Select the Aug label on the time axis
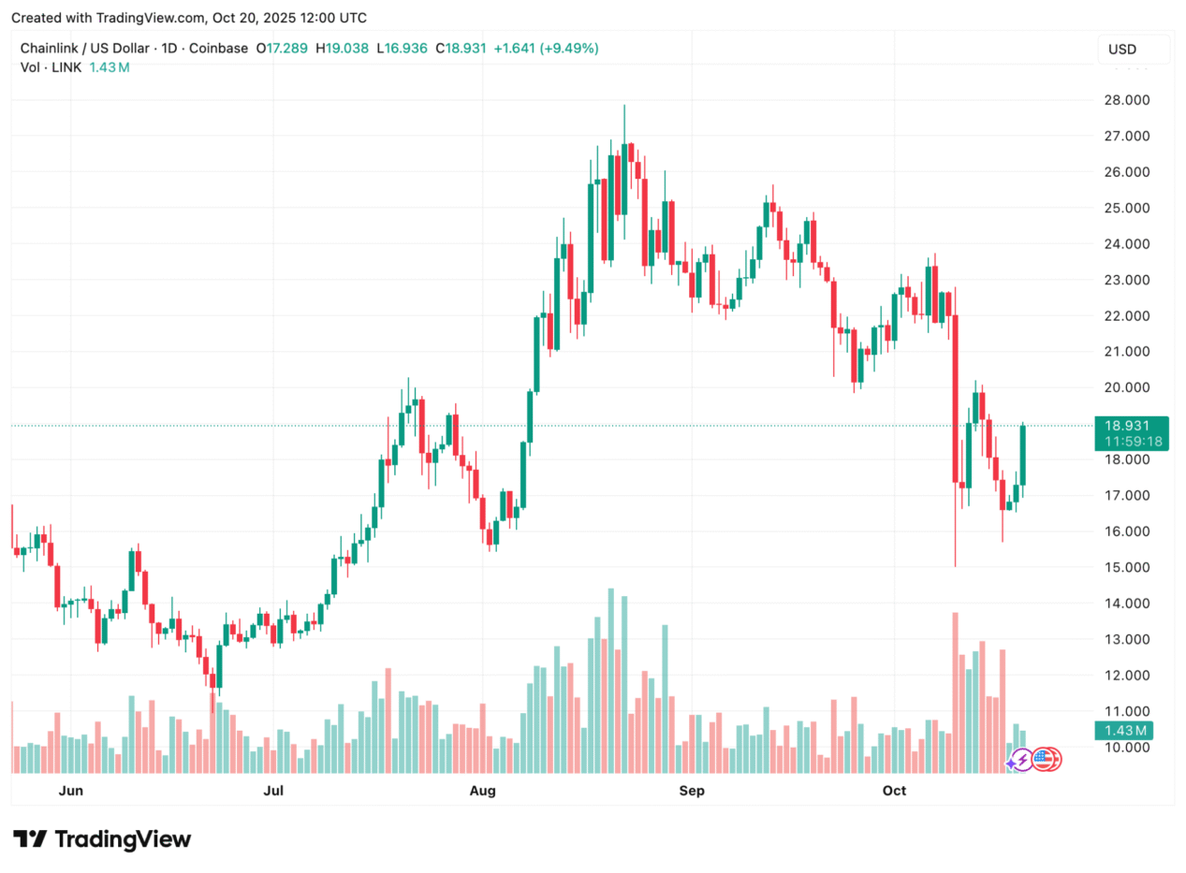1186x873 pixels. click(x=483, y=792)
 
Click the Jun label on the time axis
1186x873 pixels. click(x=70, y=792)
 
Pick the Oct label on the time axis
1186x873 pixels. click(x=895, y=792)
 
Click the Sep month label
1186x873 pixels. click(x=692, y=792)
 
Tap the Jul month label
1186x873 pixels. click(x=273, y=792)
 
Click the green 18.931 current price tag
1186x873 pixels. click(x=1132, y=426)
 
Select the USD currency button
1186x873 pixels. click(x=1133, y=49)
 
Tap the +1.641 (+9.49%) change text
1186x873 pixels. click(x=546, y=48)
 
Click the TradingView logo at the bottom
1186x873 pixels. click(x=102, y=839)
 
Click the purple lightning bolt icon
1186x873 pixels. click(x=1019, y=761)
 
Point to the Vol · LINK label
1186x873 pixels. click(x=51, y=67)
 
